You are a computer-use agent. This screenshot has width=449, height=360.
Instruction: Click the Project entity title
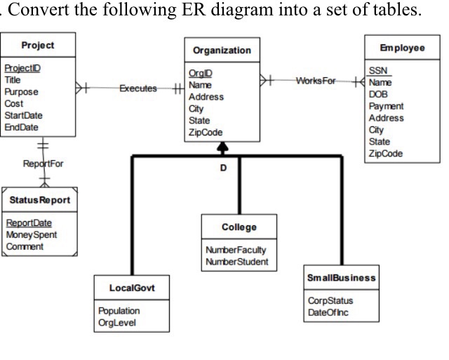pos(38,45)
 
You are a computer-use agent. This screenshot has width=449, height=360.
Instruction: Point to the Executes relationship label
pos(138,89)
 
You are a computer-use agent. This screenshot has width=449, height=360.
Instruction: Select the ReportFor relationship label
pos(43,164)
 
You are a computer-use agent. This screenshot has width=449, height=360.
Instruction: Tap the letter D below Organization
pos(222,168)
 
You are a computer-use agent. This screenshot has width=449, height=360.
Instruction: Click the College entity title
pos(239,227)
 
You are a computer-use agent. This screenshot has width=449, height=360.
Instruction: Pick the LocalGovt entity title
pos(131,288)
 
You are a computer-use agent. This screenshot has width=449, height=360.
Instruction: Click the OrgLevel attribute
pos(116,322)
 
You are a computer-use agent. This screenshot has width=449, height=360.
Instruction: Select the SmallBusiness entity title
pos(342,277)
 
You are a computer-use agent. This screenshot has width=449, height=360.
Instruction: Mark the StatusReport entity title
pos(40,200)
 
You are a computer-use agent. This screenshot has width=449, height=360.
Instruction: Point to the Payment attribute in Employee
pos(385,106)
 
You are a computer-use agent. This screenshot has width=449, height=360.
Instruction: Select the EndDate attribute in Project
pos(21,127)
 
